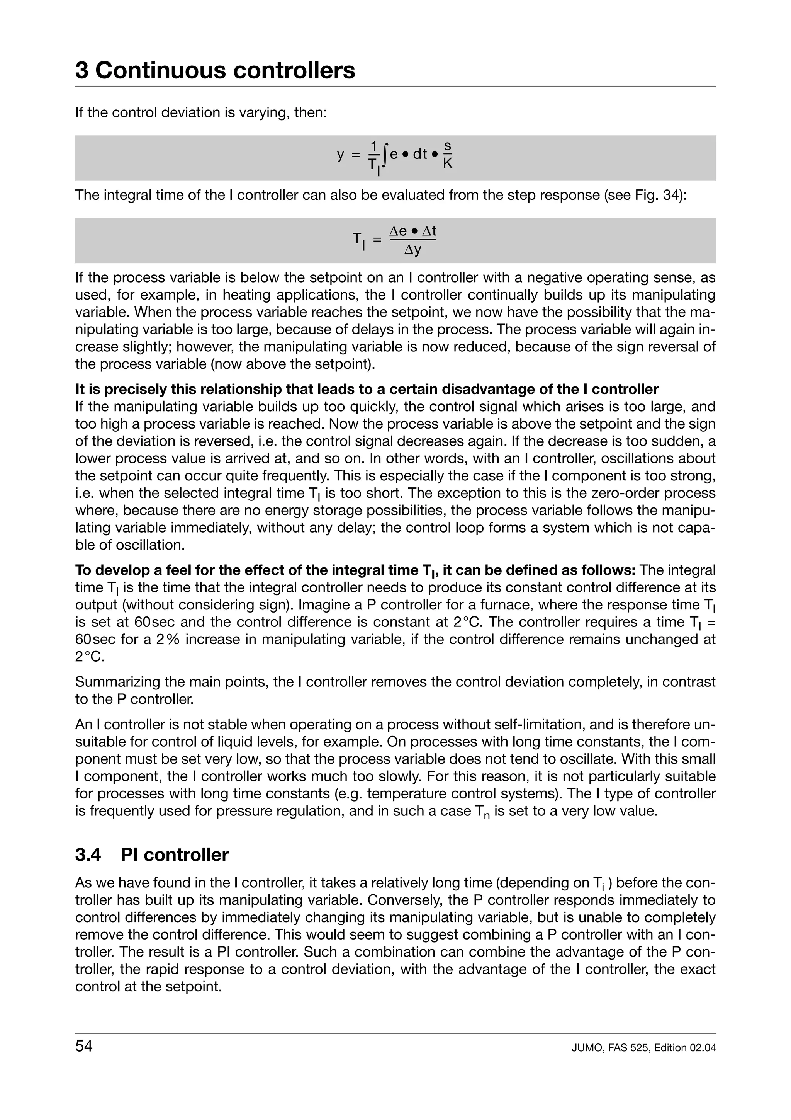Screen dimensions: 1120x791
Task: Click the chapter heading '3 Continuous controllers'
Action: click(x=215, y=70)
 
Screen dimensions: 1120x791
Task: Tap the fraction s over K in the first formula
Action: click(x=447, y=155)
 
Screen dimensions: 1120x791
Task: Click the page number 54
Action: click(x=84, y=1046)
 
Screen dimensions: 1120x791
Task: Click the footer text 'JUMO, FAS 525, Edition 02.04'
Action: click(x=643, y=1048)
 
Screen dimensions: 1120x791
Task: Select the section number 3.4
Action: click(x=88, y=854)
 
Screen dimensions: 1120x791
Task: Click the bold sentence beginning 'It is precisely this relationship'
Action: click(x=367, y=389)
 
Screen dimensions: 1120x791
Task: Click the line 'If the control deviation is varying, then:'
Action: click(x=200, y=113)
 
